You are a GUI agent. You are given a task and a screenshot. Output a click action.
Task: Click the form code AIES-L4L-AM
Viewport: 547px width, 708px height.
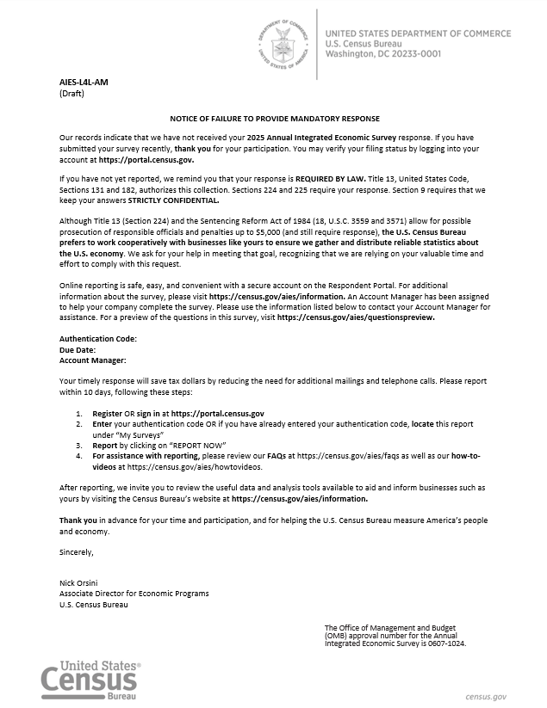[84, 82]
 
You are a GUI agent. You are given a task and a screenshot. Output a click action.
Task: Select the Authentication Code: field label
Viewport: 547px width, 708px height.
[97, 339]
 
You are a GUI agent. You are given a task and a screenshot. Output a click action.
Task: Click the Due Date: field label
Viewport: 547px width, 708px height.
[78, 350]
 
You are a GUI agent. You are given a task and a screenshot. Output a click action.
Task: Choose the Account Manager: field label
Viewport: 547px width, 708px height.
[92, 360]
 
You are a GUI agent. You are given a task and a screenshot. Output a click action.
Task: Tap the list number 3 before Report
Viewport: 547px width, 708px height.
[79, 446]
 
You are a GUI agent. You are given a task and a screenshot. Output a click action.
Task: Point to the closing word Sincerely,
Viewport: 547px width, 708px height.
[77, 551]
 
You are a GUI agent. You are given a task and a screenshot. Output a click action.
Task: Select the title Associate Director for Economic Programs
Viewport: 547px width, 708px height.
[134, 594]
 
